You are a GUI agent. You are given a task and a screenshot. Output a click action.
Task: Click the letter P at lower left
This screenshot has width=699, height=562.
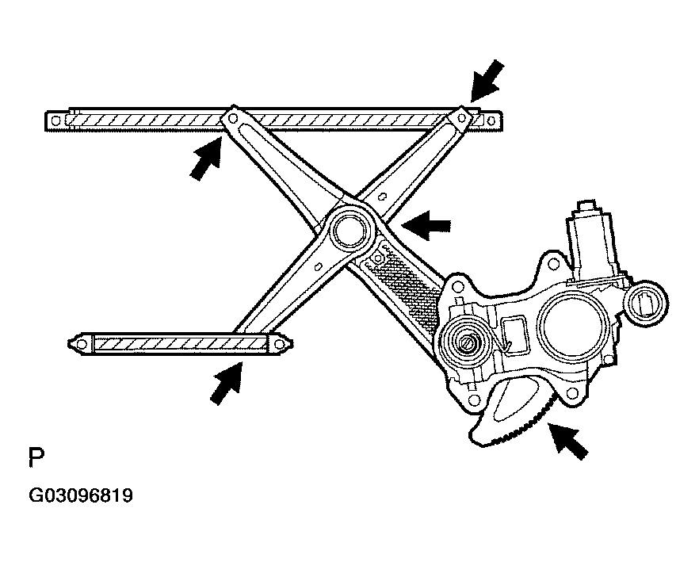[36, 457]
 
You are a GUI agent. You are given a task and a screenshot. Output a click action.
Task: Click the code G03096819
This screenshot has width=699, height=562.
[81, 495]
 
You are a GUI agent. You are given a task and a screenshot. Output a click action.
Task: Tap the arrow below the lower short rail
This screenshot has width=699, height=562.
[227, 383]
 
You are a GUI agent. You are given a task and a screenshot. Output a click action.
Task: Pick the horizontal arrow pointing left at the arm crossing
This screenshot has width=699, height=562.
[426, 226]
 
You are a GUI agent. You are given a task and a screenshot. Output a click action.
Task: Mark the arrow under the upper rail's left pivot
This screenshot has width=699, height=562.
[205, 159]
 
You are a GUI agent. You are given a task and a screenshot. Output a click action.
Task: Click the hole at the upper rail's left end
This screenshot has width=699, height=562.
[55, 120]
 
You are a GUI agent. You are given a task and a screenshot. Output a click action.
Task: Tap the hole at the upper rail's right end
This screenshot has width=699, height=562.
[491, 120]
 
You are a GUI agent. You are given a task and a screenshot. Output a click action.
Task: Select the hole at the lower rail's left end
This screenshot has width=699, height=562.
[81, 344]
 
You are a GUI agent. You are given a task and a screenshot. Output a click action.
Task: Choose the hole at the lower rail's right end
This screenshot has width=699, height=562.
[279, 344]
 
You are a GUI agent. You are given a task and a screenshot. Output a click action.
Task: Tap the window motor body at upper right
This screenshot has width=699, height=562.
[590, 244]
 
